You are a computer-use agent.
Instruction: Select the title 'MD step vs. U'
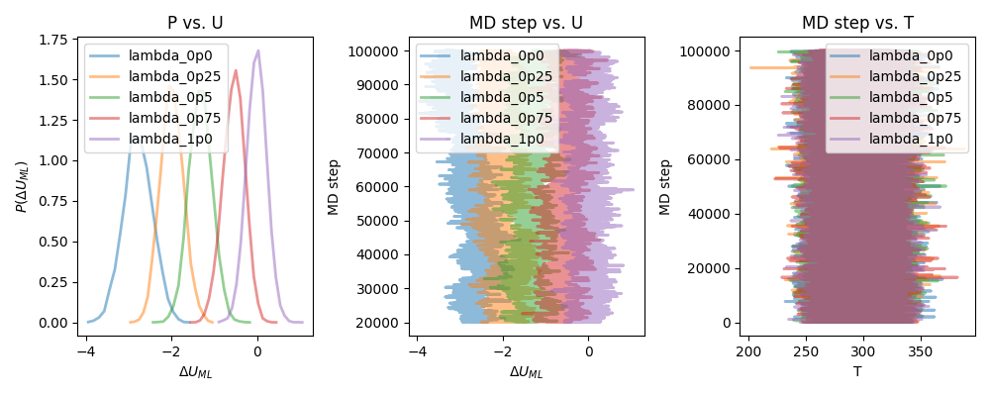[x=526, y=23]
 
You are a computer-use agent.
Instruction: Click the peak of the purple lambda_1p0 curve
[x=257, y=50]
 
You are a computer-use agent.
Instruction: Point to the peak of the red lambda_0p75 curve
[x=236, y=70]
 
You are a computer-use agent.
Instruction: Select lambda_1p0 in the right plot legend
[x=911, y=139]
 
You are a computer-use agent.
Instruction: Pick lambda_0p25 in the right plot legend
[x=916, y=76]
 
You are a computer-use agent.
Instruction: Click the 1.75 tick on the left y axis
[x=61, y=40]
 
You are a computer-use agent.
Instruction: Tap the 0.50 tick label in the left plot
[x=61, y=242]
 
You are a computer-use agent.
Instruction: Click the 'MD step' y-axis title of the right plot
[x=665, y=187]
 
